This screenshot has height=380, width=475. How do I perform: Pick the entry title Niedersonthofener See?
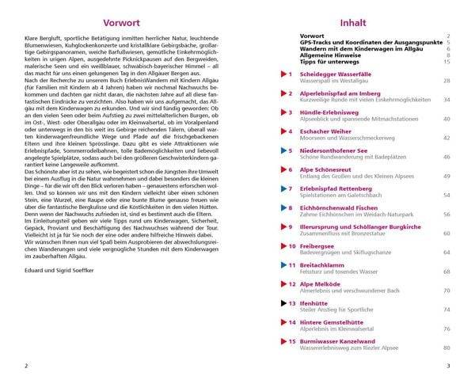pos(338,150)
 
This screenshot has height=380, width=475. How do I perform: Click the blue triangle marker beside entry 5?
pos(282,150)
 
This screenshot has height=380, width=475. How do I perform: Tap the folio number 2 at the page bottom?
pos(26,365)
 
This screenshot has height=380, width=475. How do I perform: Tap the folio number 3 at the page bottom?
pos(448,365)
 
